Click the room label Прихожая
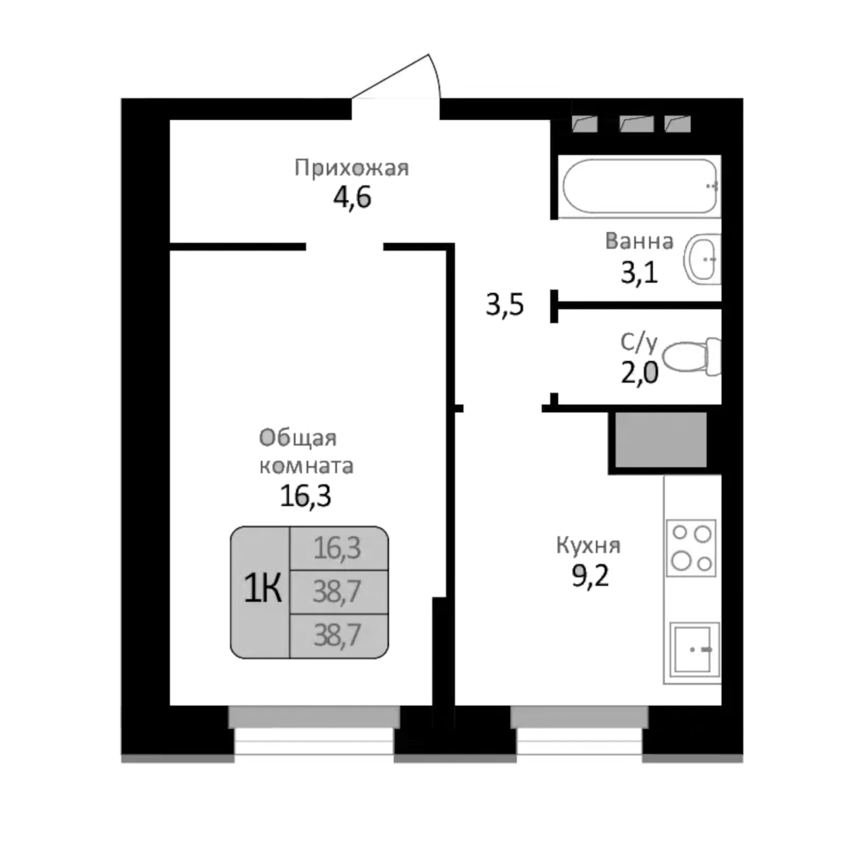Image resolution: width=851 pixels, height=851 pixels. pyautogui.click(x=351, y=168)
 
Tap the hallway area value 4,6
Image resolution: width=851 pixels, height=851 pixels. pyautogui.click(x=352, y=197)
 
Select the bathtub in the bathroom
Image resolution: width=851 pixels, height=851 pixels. pyautogui.click(x=640, y=186)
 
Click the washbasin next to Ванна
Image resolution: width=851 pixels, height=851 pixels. pyautogui.click(x=703, y=259)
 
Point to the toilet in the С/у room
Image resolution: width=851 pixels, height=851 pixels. pyautogui.click(x=691, y=357)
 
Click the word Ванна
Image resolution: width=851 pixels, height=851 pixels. pyautogui.click(x=639, y=242)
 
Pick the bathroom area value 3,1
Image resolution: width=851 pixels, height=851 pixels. pyautogui.click(x=639, y=273)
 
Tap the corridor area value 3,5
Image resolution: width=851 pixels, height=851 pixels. pyautogui.click(x=504, y=305)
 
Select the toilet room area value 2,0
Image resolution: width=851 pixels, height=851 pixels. pyautogui.click(x=639, y=373)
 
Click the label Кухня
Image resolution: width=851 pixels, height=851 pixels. pyautogui.click(x=588, y=546)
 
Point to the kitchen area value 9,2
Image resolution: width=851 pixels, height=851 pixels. pyautogui.click(x=590, y=575)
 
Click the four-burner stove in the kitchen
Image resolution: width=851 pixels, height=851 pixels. pyautogui.click(x=691, y=548)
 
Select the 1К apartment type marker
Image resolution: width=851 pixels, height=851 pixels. pyautogui.click(x=262, y=589)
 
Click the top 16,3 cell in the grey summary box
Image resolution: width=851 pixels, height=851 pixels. pyautogui.click(x=338, y=548)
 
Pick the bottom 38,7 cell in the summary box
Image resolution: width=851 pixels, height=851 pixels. pyautogui.click(x=338, y=635)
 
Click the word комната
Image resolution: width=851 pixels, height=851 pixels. pyautogui.click(x=306, y=466)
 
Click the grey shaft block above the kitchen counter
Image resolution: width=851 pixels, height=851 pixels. pyautogui.click(x=660, y=439)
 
